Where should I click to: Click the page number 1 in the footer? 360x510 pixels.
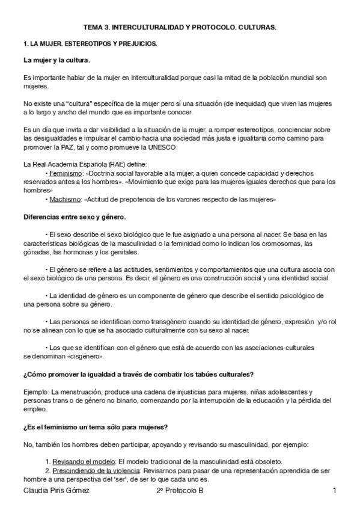[334, 491]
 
